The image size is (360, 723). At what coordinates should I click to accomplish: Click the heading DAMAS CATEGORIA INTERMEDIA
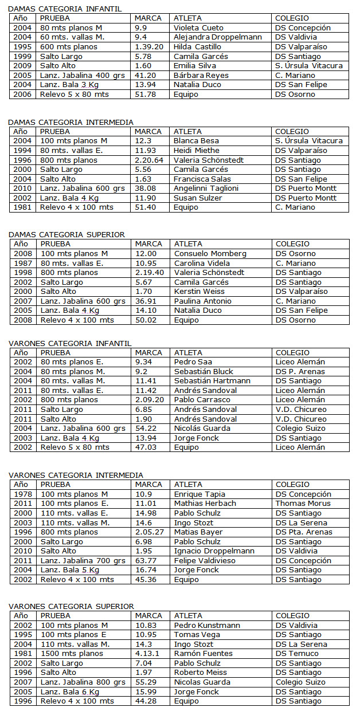click(71, 122)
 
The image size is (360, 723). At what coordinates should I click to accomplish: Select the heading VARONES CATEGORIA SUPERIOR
click(71, 606)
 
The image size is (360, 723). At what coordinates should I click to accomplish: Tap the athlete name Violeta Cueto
click(198, 27)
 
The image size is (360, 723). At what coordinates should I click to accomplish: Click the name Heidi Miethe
click(196, 150)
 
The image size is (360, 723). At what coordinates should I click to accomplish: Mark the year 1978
click(24, 494)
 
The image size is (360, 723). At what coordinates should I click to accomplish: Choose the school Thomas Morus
click(303, 504)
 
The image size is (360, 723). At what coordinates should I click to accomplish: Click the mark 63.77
click(146, 560)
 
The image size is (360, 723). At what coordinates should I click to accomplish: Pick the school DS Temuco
click(297, 653)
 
